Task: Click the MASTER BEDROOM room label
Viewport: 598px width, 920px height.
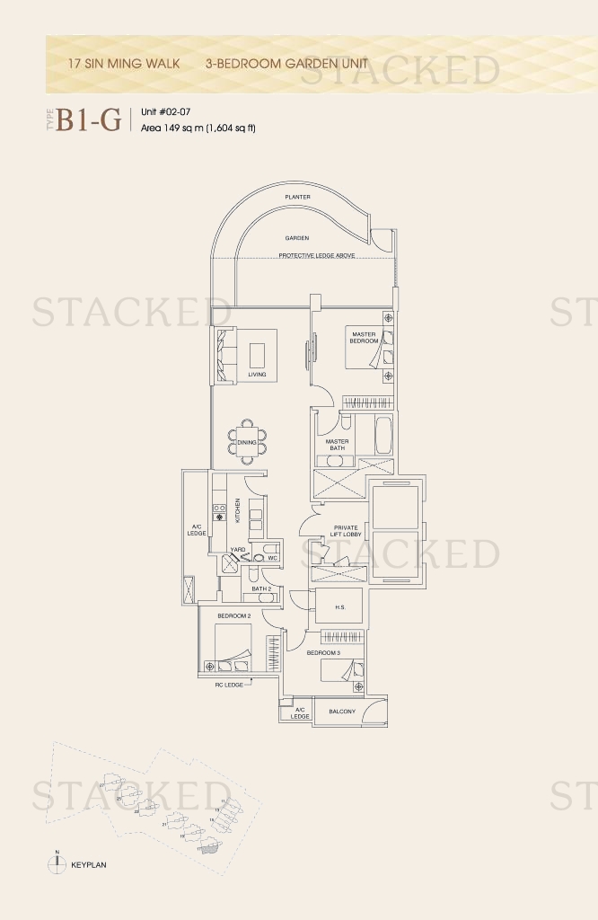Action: (364, 338)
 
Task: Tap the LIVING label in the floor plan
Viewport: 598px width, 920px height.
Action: (258, 375)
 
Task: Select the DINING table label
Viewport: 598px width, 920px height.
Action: (247, 442)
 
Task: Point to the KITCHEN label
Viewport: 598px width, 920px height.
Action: (238, 509)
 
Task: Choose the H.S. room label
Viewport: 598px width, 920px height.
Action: (340, 606)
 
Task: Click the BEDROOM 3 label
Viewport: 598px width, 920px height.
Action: (323, 652)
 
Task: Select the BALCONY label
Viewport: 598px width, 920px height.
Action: (342, 712)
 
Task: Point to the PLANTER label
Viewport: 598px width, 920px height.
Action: (297, 196)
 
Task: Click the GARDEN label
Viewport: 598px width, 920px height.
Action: (297, 238)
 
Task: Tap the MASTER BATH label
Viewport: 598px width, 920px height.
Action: (338, 445)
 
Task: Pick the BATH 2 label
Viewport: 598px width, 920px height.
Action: (261, 589)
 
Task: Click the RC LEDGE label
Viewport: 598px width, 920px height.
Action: (229, 686)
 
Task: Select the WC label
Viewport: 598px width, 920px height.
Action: (273, 558)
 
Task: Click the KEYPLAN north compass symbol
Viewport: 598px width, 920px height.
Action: (57, 863)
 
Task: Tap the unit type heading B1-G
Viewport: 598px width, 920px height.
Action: (88, 120)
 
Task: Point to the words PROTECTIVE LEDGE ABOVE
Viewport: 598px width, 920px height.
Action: (316, 256)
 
